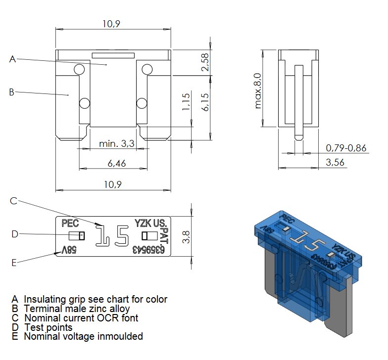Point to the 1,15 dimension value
[x=187, y=102]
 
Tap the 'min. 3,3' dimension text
[x=117, y=144]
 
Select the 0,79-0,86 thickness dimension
[x=346, y=148]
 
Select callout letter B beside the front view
[x=12, y=91]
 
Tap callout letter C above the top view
[x=14, y=200]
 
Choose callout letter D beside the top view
[x=15, y=234]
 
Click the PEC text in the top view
[x=70, y=223]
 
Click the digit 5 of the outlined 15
[x=122, y=236]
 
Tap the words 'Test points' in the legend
[x=48, y=327]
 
